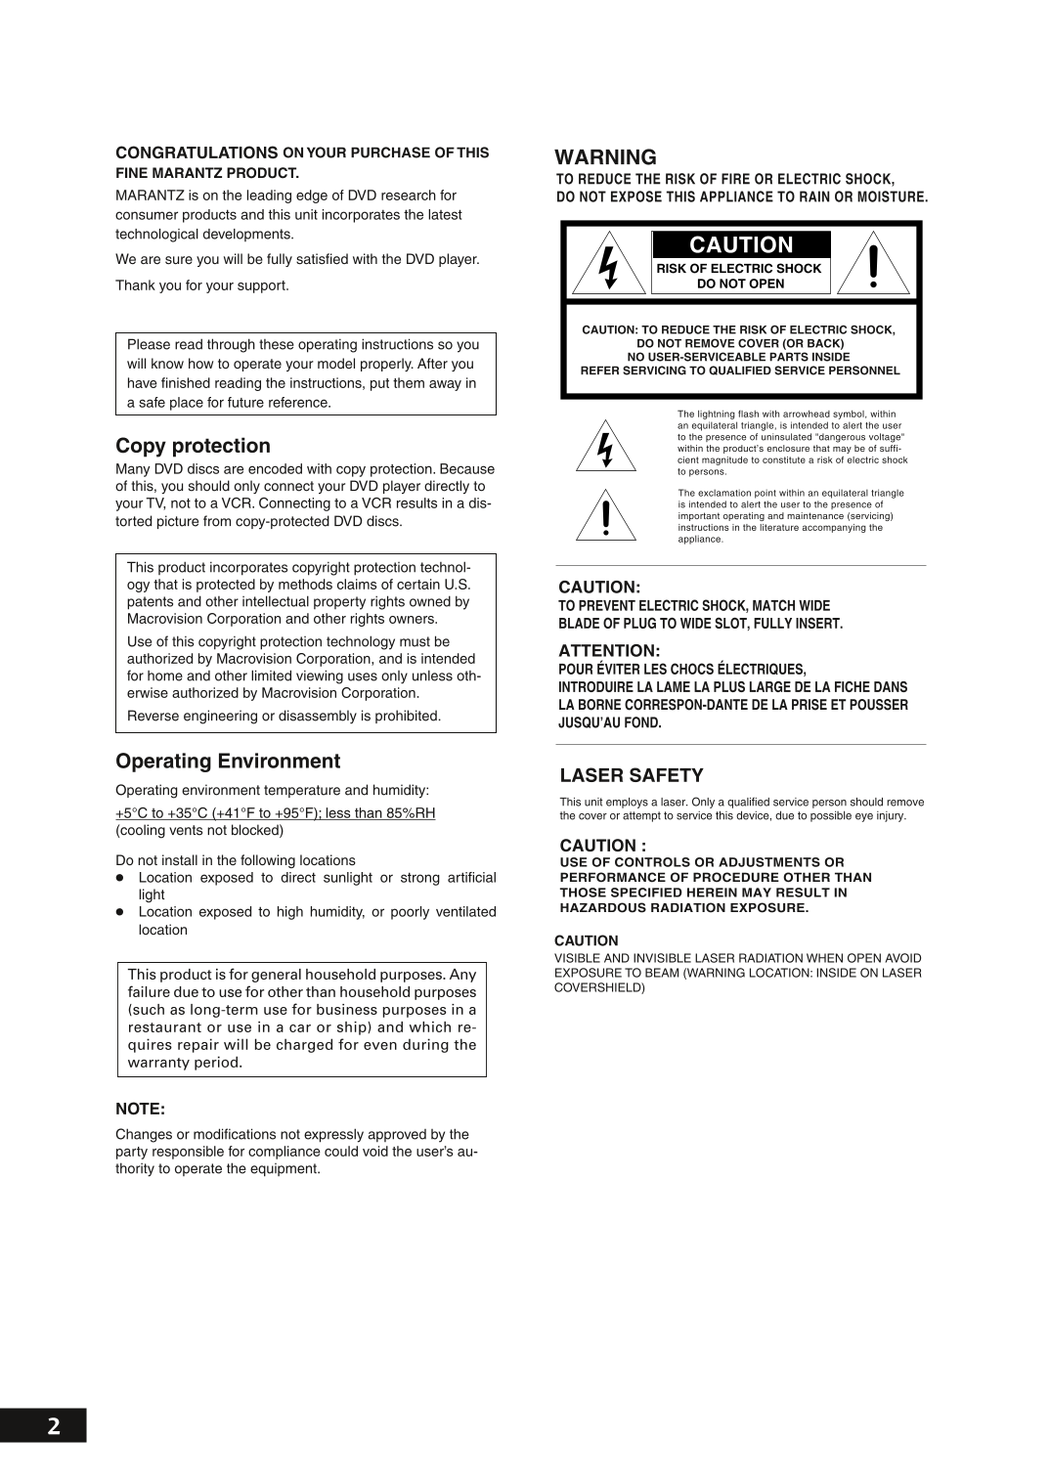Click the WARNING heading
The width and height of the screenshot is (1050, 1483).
point(605,156)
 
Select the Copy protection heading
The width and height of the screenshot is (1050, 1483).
point(193,446)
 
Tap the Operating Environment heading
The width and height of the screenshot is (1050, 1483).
point(228,761)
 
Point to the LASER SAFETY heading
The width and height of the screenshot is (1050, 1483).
point(631,775)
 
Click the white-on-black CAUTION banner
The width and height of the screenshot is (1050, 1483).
point(741,244)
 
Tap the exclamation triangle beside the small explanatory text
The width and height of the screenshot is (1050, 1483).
point(605,516)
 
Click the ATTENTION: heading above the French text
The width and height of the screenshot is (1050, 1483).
point(610,650)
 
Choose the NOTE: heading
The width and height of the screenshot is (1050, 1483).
point(141,1110)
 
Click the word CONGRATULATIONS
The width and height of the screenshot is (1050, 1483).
point(197,153)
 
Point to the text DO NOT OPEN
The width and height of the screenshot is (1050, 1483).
point(739,284)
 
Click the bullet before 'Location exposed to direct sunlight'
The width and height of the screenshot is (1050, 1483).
point(121,878)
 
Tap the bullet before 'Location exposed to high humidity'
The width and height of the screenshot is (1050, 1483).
point(121,912)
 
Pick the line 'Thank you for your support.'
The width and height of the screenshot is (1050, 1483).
point(202,285)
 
